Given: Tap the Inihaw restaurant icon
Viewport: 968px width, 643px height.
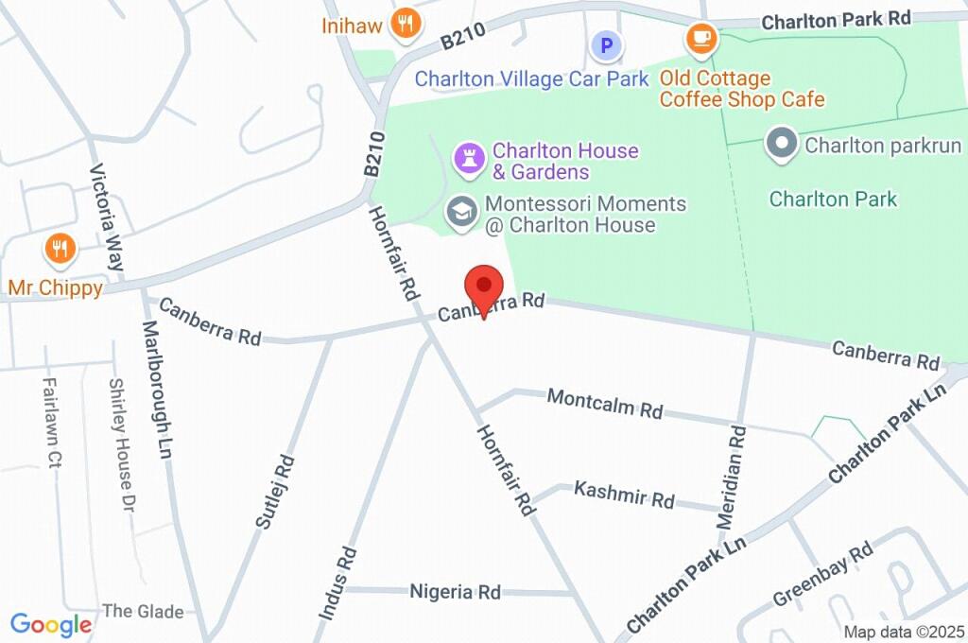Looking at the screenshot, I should [x=406, y=24].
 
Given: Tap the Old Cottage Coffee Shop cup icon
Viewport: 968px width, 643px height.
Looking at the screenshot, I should [x=701, y=38].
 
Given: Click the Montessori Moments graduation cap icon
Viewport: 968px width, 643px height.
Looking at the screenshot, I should [x=461, y=211].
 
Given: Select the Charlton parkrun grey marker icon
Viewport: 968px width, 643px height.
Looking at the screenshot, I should [x=783, y=145].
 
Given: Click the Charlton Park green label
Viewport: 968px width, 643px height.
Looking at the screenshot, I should [x=833, y=199].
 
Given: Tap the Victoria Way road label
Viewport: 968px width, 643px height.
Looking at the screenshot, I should [x=107, y=218].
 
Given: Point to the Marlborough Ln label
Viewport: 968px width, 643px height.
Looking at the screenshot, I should [x=161, y=383].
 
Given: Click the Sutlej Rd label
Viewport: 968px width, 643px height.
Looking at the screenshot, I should [x=275, y=491].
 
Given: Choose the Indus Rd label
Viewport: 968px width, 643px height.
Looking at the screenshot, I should [x=337, y=582].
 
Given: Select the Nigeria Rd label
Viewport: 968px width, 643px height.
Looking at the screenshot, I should [x=455, y=592].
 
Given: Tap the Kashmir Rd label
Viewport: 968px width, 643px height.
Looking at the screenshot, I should [x=624, y=495].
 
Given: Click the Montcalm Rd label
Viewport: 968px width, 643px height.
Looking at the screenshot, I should [x=605, y=404].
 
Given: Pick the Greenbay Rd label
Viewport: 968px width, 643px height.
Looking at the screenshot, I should [x=822, y=576].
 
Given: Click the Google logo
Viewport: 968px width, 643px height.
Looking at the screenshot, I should [x=51, y=624].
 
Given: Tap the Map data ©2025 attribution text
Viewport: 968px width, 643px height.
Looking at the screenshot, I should [x=904, y=632].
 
